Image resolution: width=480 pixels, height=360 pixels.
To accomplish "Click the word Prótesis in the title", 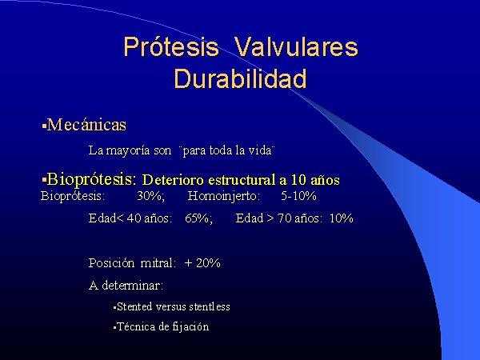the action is point(171,47).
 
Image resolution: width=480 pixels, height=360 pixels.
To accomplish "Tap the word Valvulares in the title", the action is point(296,47).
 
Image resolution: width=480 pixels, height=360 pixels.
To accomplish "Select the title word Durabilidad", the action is point(240,78).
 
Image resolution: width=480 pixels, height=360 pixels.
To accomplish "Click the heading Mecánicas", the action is point(86,125).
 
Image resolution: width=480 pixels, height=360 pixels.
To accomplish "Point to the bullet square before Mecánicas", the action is point(44,126).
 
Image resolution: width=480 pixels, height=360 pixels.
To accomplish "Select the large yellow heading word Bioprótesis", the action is point(91,179).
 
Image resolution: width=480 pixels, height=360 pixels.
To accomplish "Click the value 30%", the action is point(151,196).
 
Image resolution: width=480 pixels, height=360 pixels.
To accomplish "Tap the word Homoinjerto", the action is point(224,196).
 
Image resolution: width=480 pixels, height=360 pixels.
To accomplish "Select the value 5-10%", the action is point(298,196).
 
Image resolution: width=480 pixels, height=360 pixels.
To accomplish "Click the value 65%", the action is point(198,218).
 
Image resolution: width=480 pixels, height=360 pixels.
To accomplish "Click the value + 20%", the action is point(202,263).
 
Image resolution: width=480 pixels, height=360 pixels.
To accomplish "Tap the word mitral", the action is point(158,263).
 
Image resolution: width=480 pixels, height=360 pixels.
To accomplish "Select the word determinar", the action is point(132,286).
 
